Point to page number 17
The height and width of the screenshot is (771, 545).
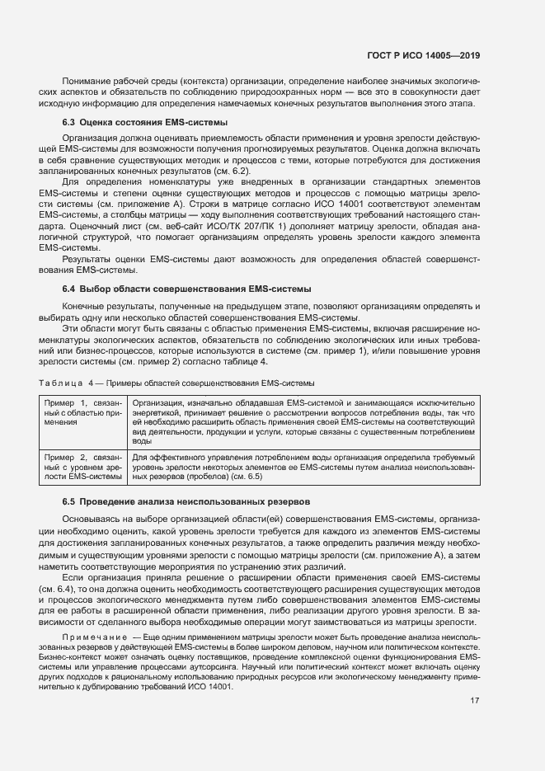475,679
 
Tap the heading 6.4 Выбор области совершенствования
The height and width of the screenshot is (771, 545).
187,289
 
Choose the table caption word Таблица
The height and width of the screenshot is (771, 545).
59,383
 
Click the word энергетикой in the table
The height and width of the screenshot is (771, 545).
155,411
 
